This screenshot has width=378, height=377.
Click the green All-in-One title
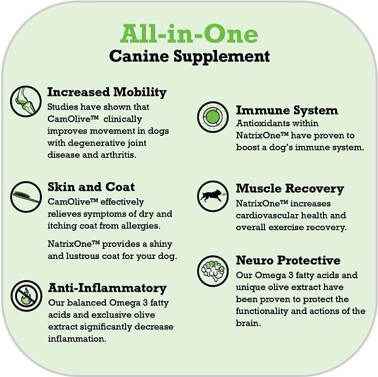point(189,34)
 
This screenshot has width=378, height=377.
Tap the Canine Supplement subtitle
point(189,57)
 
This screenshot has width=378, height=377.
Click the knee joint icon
point(26,101)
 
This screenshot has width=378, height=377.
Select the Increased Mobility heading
point(107,92)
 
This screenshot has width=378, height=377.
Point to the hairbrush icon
point(26,197)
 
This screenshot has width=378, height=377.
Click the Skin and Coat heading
point(91,187)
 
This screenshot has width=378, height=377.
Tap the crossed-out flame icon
point(26,296)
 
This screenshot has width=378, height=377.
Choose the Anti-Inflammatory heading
point(107,288)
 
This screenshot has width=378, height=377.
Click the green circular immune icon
point(213,117)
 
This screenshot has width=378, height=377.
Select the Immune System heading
point(287,111)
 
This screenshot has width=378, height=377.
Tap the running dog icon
point(213,196)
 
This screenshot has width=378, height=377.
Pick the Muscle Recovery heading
point(290,189)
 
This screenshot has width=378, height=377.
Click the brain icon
point(213,271)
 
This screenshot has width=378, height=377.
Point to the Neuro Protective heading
point(288,260)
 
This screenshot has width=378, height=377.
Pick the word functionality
point(262,311)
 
